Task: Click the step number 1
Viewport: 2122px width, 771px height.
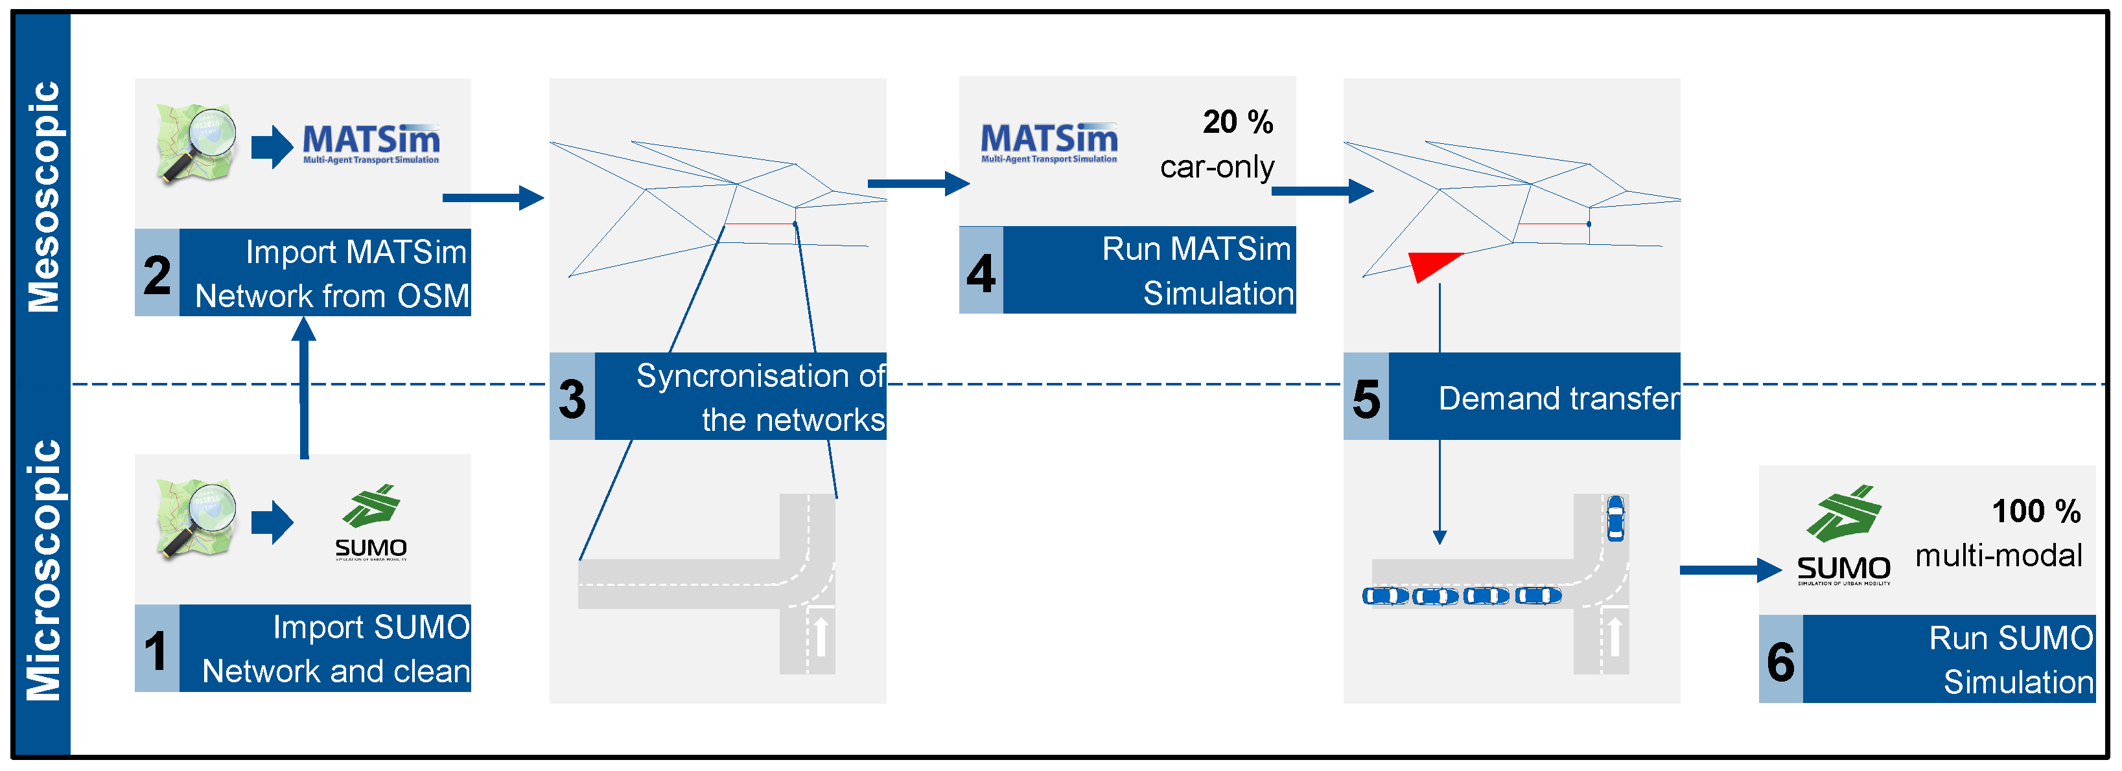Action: pyautogui.click(x=156, y=650)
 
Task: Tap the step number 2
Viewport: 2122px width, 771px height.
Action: pyautogui.click(x=156, y=274)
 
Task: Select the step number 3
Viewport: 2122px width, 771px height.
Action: pyautogui.click(x=572, y=398)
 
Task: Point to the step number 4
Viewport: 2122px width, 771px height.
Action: pyautogui.click(x=980, y=273)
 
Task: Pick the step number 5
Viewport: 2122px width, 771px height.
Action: pyautogui.click(x=1366, y=398)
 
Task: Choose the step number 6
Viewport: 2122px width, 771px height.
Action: pyautogui.click(x=1780, y=661)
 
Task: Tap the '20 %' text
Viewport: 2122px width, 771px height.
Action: pyautogui.click(x=1237, y=122)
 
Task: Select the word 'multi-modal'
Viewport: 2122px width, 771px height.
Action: pyautogui.click(x=1998, y=555)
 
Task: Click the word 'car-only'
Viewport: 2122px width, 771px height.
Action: pyautogui.click(x=1217, y=167)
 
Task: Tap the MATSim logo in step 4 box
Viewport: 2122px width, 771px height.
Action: pyautogui.click(x=1049, y=143)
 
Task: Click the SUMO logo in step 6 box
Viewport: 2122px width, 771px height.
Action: pyautogui.click(x=1843, y=535)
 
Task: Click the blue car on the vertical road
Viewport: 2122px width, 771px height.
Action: pyautogui.click(x=1615, y=517)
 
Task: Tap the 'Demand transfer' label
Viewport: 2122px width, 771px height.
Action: pyautogui.click(x=1557, y=398)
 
